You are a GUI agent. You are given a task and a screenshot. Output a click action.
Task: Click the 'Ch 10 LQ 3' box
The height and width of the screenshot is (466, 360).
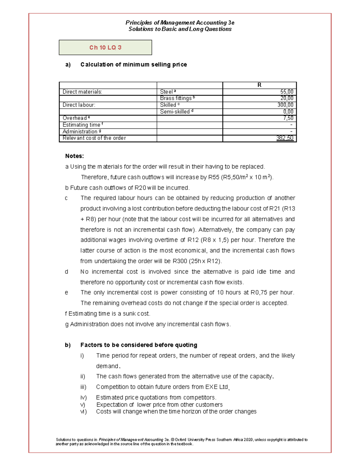pos(105,47)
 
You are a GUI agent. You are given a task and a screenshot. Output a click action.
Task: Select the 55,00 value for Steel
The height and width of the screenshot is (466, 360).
pos(287,92)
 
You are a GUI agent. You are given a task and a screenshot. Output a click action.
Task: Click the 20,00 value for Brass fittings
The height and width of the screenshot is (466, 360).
pos(287,98)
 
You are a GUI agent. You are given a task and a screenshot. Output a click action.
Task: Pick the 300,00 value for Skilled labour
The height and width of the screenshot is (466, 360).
pos(285,105)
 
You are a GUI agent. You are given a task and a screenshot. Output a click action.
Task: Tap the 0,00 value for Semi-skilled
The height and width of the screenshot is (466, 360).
pos(288,112)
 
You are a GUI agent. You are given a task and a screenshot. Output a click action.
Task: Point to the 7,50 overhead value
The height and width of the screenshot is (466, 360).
pos(288,118)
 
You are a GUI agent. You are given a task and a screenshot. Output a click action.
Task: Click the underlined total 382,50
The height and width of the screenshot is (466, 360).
pos(285,138)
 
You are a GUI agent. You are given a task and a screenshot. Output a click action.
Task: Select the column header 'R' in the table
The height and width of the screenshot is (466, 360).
pos(259,85)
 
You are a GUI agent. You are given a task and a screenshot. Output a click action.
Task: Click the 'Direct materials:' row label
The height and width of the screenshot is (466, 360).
pos(82,92)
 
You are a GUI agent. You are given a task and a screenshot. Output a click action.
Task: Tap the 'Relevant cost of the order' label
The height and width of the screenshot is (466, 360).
pos(94,138)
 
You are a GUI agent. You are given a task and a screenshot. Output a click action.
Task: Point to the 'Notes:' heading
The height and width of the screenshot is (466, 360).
pos(74,156)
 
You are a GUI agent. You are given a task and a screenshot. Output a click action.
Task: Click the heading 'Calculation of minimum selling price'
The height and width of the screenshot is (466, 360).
pos(133,65)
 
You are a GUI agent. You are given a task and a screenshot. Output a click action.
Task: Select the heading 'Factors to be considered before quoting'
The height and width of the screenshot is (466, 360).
pos(139,345)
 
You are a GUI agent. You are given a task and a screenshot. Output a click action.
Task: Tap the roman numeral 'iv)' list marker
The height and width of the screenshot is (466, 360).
pos(83,398)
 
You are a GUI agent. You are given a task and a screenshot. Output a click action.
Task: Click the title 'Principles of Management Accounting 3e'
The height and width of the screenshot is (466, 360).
pos(180,23)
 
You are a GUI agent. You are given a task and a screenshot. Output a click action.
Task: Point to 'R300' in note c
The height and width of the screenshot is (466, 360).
pos(180,261)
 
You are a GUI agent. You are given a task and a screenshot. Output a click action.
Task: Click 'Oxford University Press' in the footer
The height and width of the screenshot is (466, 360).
pos(195,440)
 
